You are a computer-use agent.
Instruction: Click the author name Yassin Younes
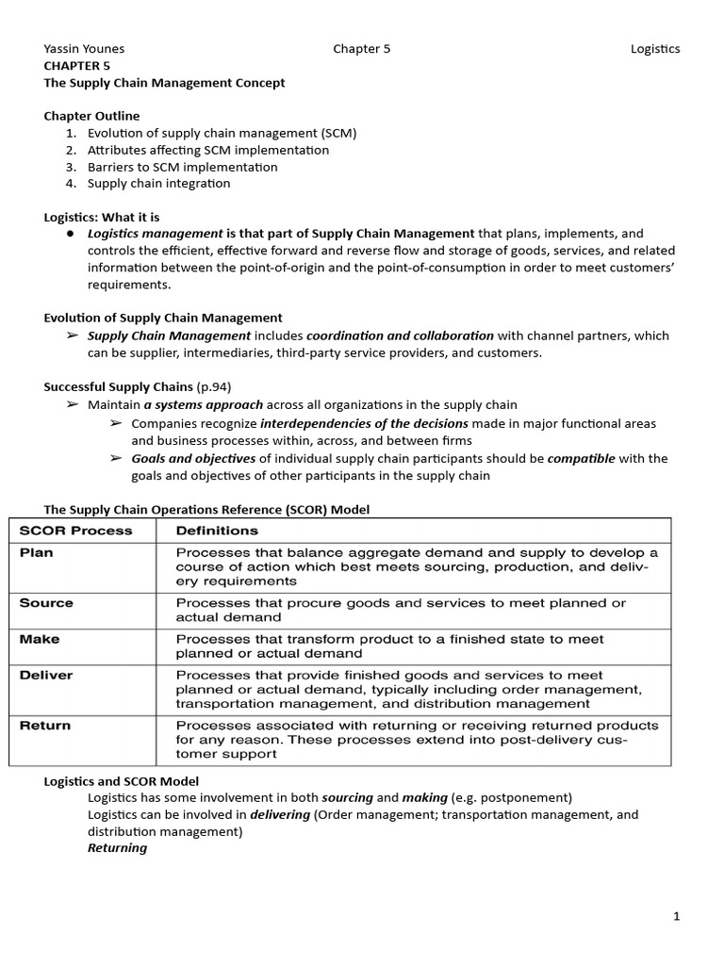click(x=84, y=49)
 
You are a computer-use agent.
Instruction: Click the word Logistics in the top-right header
click(x=654, y=49)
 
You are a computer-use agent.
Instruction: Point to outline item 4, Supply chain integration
click(x=158, y=184)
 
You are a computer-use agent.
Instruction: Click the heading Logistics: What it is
click(x=102, y=217)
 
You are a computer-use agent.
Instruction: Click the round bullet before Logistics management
click(x=71, y=234)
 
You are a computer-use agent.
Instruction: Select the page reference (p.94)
click(x=213, y=386)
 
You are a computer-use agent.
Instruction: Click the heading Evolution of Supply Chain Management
click(x=163, y=318)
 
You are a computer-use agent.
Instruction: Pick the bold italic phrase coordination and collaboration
click(x=400, y=335)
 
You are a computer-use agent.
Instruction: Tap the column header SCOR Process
click(x=76, y=531)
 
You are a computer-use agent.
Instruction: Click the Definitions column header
click(x=217, y=531)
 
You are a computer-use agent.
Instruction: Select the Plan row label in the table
click(x=36, y=553)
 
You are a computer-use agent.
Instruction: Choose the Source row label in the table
click(x=45, y=603)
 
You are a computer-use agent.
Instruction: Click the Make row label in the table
click(x=39, y=639)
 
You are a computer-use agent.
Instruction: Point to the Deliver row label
click(x=45, y=676)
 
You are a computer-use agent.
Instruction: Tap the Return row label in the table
click(x=44, y=726)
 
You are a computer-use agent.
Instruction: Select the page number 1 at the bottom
click(x=676, y=916)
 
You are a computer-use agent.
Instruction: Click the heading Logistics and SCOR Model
click(x=122, y=781)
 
